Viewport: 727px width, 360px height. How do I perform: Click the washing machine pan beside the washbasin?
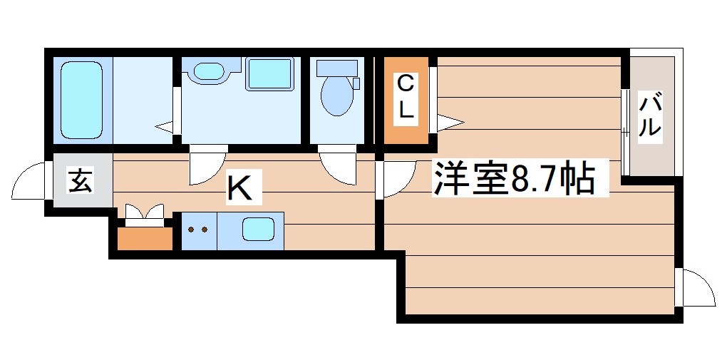coord(269,74)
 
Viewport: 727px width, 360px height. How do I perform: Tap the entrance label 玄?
coord(80,181)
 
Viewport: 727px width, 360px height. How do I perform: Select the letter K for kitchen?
coord(239,188)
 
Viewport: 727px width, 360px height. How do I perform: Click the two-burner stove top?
coord(199,230)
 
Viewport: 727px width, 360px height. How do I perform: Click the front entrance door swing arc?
coord(29,181)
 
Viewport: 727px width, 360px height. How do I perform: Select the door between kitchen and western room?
coord(397,178)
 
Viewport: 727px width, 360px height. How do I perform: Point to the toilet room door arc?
coord(339,168)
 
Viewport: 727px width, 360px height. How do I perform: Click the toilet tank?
coord(336,68)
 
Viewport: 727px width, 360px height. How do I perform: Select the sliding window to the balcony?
coord(625,132)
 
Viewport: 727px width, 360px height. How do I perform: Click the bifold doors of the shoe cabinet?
coord(145,213)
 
